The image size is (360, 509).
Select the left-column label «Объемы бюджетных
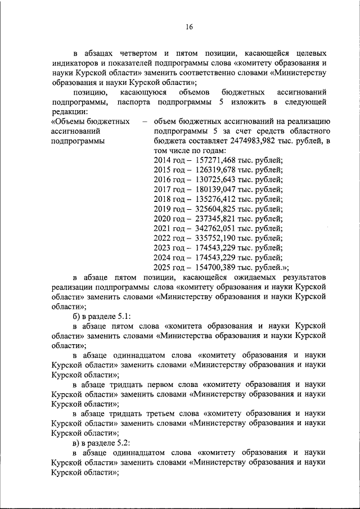click(90, 122)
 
